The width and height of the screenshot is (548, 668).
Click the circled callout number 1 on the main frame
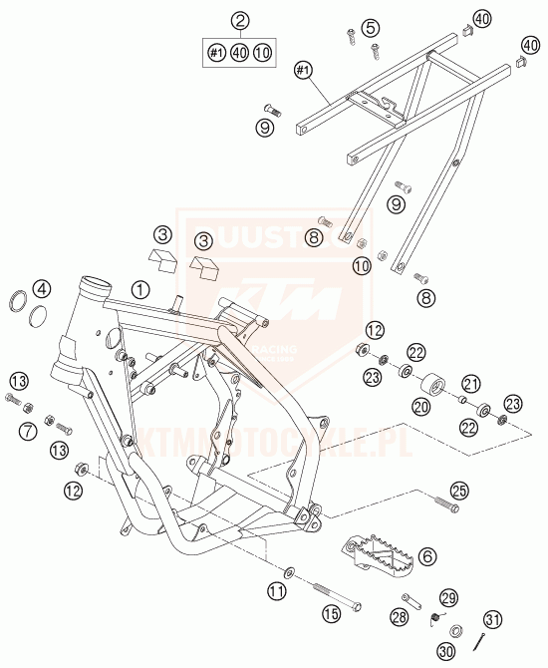(x=141, y=289)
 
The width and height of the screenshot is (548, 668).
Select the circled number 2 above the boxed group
(x=239, y=21)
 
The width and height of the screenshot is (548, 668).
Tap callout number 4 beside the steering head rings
(x=41, y=290)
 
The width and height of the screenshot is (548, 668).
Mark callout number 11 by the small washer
(x=275, y=591)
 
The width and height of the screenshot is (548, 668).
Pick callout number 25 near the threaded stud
(x=458, y=490)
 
